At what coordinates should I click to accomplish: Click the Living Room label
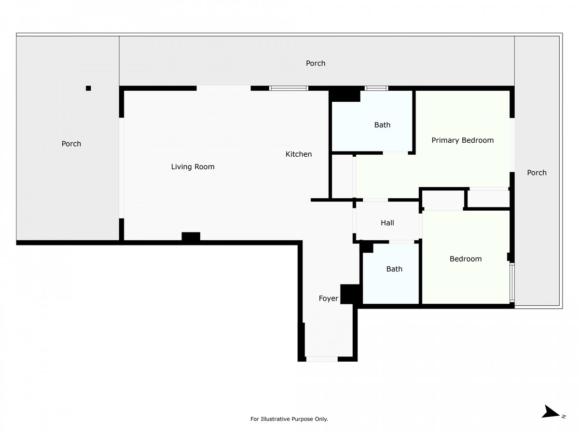point(193,166)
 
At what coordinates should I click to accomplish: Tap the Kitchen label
point(298,154)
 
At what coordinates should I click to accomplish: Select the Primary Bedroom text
point(462,140)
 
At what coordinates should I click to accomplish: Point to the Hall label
point(387,223)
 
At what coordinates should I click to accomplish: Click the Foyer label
point(328,298)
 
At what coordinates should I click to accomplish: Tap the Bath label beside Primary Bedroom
point(382,124)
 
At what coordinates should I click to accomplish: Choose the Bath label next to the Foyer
point(394,269)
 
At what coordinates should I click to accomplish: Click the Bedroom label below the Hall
point(465,259)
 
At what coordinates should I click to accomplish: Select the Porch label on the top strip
point(315,63)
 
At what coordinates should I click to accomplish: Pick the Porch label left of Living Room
point(71,144)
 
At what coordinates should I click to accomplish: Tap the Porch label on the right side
point(536,173)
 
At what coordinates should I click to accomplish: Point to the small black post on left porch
point(88,88)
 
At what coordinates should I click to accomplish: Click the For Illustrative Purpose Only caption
point(289,419)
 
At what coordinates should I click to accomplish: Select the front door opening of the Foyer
point(321,359)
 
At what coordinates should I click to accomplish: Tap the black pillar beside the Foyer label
point(350,294)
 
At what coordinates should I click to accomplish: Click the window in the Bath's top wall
point(376,88)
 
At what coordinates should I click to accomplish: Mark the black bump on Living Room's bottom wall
point(191,236)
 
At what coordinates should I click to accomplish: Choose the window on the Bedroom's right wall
point(512,282)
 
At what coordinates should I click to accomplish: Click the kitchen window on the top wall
point(289,88)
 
